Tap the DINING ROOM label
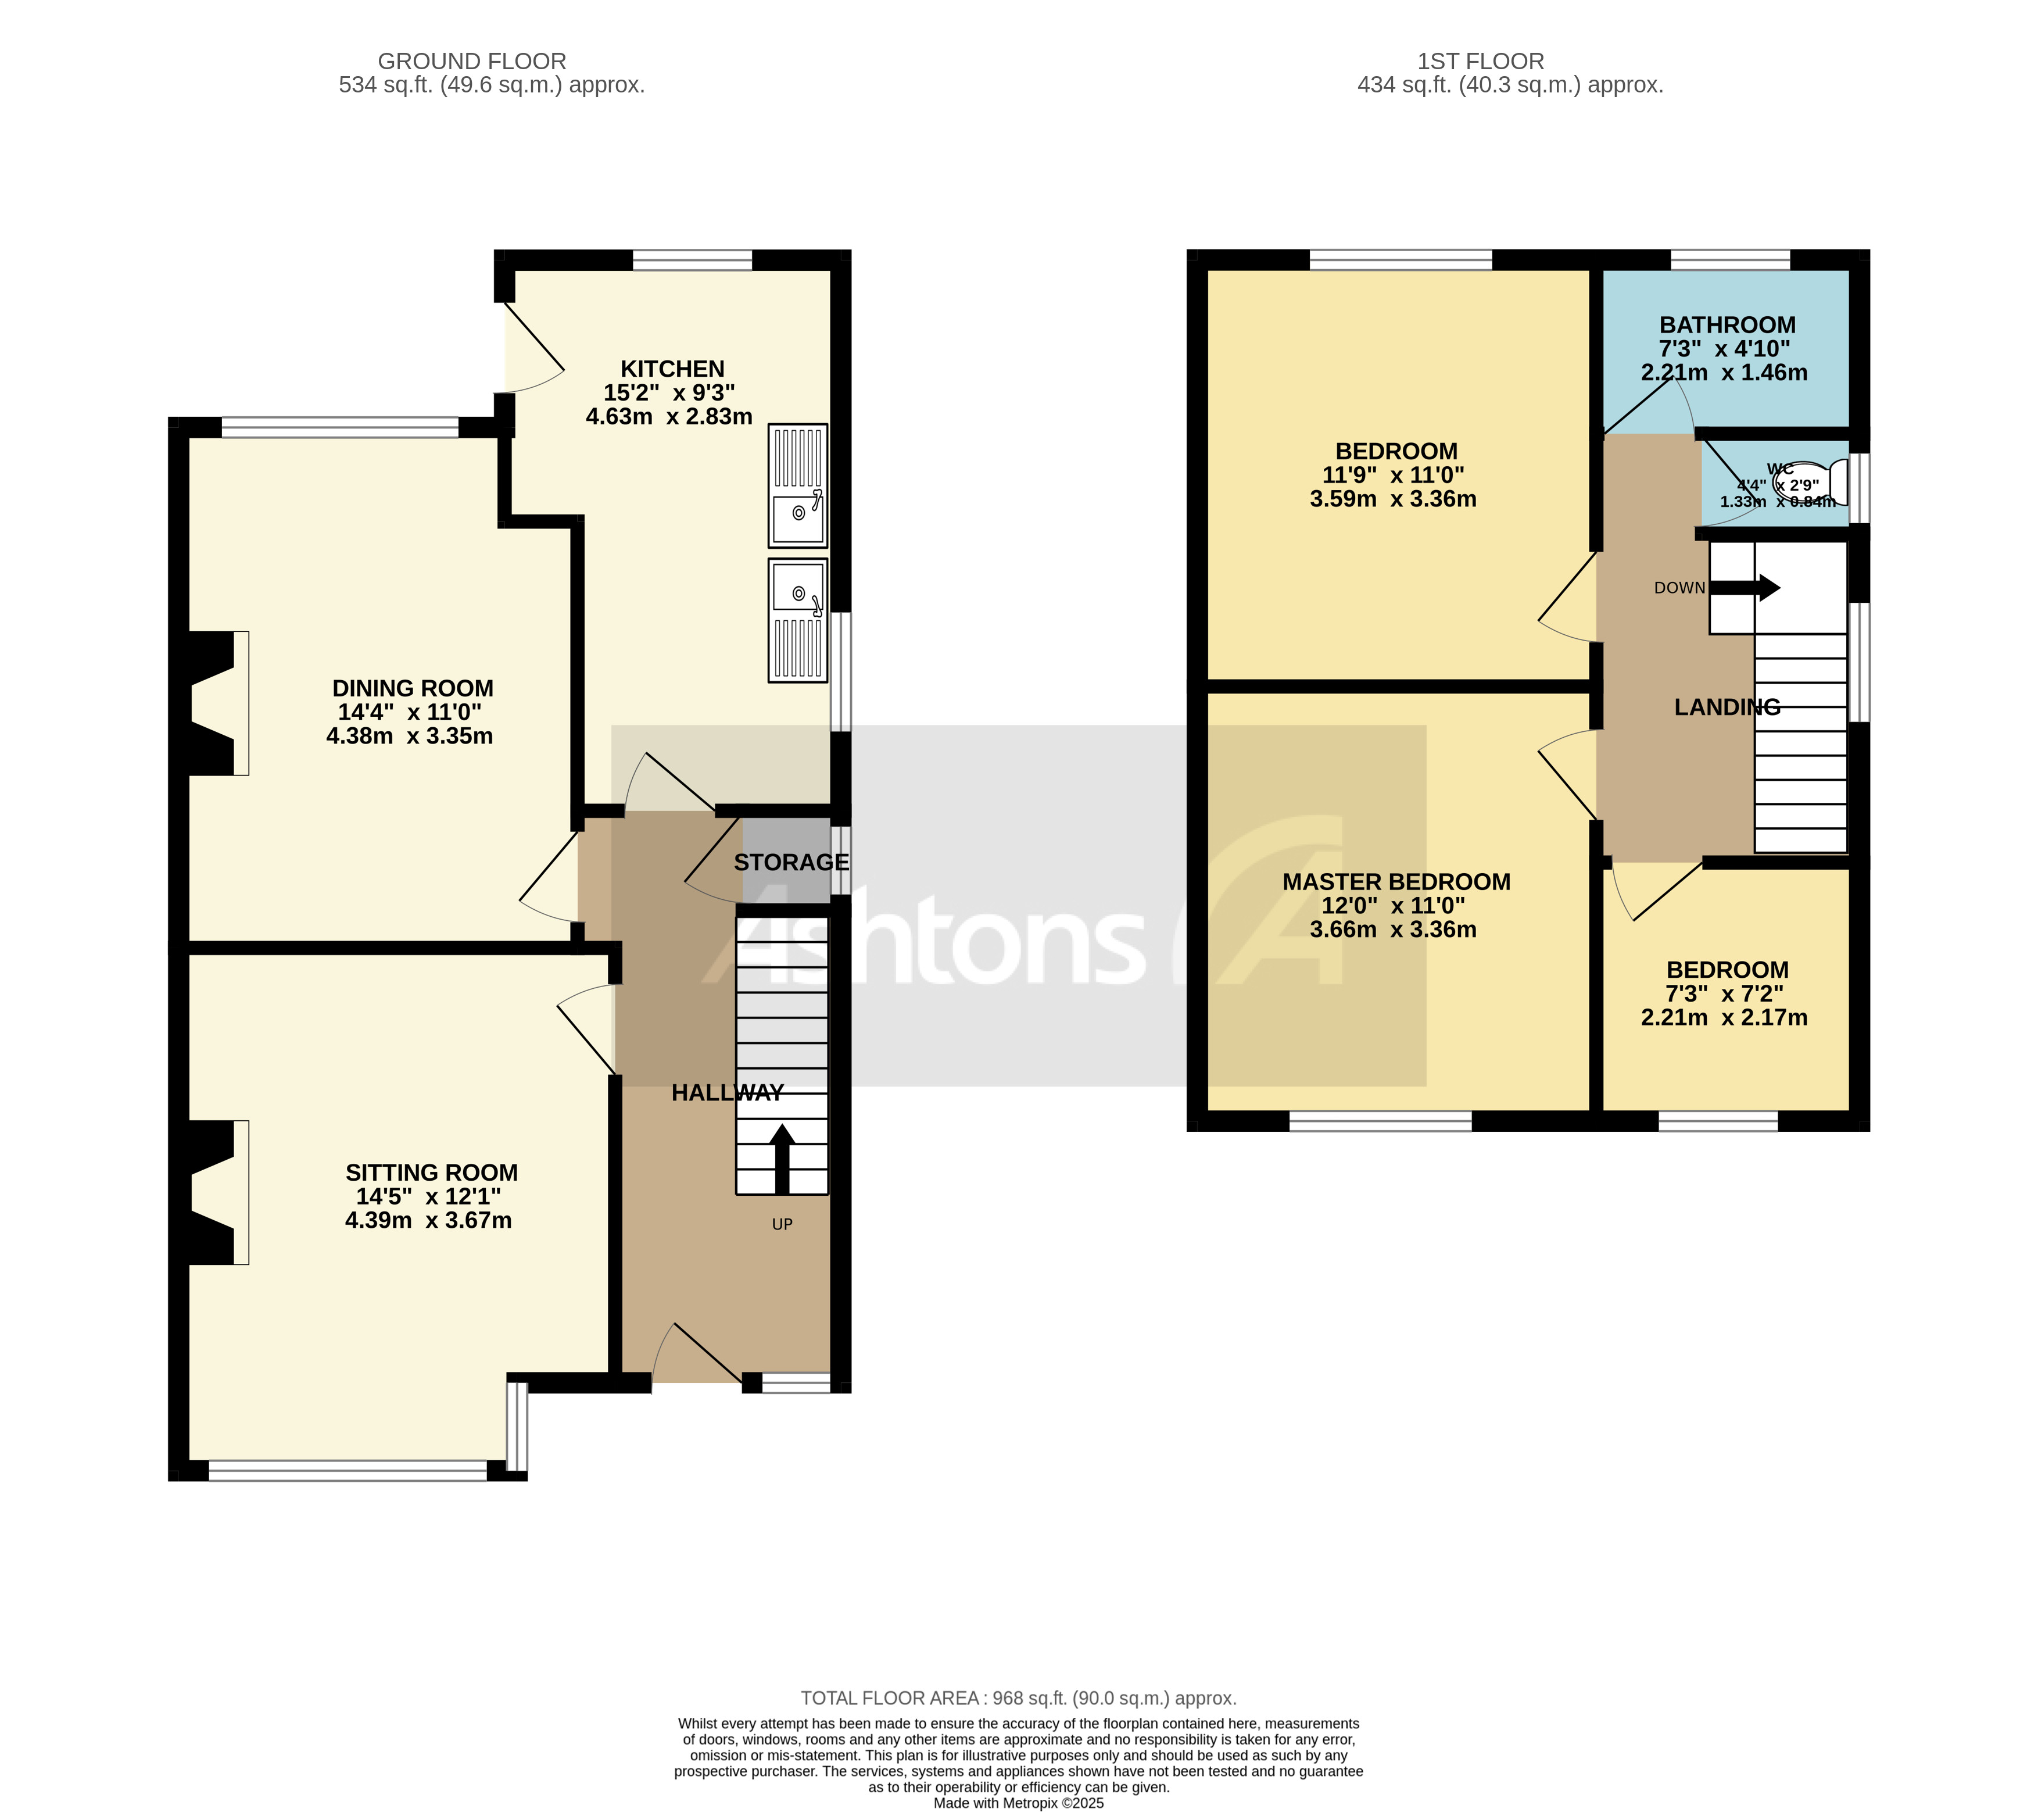tap(413, 688)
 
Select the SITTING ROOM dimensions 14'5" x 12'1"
tap(429, 1196)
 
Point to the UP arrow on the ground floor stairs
tap(782, 1157)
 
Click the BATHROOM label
tap(1727, 325)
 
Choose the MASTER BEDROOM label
tap(1396, 881)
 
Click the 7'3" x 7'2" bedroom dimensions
tap(1724, 993)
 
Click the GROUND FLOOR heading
tap(472, 61)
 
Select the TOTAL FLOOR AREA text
tap(1018, 1697)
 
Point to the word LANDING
tap(1727, 707)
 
